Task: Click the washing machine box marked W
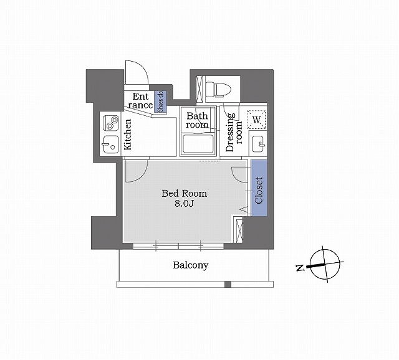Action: (x=256, y=118)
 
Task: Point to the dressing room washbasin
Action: (x=256, y=145)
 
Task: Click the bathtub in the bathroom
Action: (x=198, y=144)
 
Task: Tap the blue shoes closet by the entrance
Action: (x=160, y=102)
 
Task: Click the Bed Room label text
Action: (x=185, y=194)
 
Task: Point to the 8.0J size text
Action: (x=185, y=204)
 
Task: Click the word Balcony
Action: (x=190, y=265)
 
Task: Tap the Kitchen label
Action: (x=127, y=136)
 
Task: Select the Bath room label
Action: (x=197, y=120)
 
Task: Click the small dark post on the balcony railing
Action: (x=228, y=285)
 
